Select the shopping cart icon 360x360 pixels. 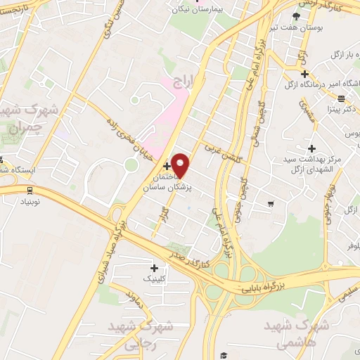click(271, 204)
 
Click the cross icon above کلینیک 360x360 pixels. click(154, 267)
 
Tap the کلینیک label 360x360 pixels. click(156, 279)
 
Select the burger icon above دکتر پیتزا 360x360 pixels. click(341, 98)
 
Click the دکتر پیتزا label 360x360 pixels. click(342, 110)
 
